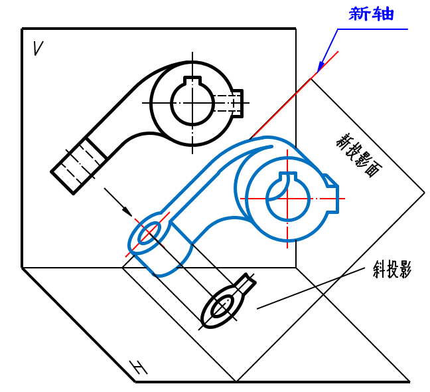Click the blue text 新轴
(371, 14)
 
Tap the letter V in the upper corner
(38, 48)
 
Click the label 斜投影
(392, 269)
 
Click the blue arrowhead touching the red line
(320, 66)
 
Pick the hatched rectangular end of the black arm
(78, 164)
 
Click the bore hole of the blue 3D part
(287, 197)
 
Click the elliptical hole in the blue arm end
(148, 233)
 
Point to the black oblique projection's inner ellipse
(222, 306)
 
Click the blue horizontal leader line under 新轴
(372, 29)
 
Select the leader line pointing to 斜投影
(312, 288)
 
